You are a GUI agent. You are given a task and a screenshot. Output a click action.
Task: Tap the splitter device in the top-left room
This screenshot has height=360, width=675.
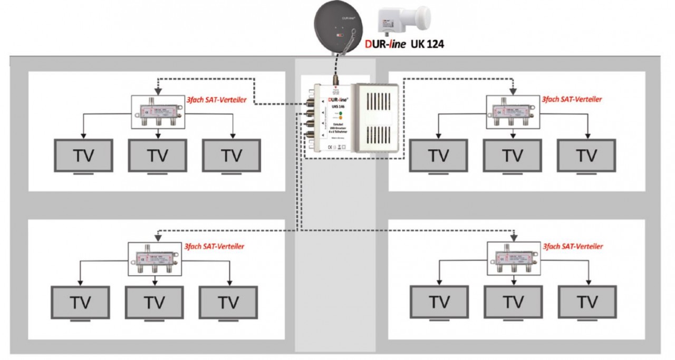click(x=157, y=111)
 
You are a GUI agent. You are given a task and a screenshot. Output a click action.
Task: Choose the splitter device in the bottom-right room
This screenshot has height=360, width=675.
click(x=513, y=258)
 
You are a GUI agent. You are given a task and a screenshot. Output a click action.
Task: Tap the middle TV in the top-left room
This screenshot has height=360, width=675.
click(x=157, y=156)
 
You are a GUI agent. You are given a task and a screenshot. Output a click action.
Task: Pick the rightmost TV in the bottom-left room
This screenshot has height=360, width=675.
click(x=229, y=303)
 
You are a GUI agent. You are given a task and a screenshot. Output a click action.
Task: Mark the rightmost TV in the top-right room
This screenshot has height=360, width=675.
click(x=585, y=156)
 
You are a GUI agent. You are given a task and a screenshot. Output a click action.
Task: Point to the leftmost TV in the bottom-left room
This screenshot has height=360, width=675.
click(x=80, y=303)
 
